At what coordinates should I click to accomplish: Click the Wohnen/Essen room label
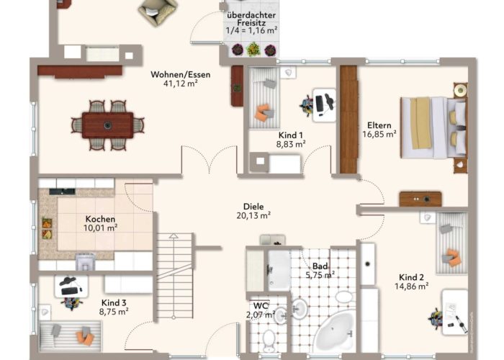(181, 75)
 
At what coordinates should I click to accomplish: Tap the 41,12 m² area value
(180, 84)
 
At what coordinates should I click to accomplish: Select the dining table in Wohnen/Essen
(108, 125)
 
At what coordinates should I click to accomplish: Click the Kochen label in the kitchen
(100, 219)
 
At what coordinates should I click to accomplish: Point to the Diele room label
(253, 207)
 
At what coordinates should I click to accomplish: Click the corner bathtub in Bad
(334, 330)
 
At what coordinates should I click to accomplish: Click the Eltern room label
(379, 125)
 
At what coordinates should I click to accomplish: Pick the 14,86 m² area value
(411, 286)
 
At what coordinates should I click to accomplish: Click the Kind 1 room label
(291, 135)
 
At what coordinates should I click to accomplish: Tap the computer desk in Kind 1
(324, 105)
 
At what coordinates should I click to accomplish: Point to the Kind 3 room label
(114, 303)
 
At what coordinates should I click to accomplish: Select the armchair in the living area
(158, 12)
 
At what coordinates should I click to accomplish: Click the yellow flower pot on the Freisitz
(253, 49)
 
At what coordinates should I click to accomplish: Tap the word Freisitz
(251, 23)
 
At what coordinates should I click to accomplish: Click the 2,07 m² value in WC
(261, 315)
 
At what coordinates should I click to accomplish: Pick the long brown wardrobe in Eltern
(348, 120)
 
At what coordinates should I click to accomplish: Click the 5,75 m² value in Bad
(320, 275)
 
